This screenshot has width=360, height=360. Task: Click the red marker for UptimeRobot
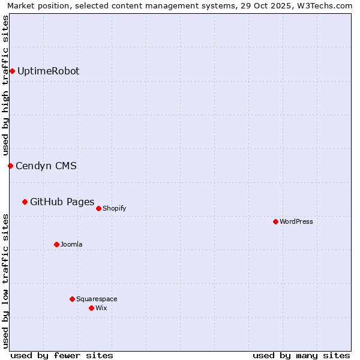point(12,71)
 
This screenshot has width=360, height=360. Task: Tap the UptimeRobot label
point(48,71)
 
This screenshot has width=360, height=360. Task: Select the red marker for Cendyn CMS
point(10,166)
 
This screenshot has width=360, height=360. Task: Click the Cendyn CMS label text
point(46,166)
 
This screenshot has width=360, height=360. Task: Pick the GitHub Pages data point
point(25,202)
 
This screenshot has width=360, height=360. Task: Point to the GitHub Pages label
point(62,202)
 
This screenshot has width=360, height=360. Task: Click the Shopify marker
point(98,208)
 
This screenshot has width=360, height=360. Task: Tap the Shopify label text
point(114,209)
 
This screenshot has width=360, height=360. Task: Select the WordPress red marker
point(275,221)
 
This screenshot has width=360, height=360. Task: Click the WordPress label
point(296,222)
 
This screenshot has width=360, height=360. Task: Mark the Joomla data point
point(56,244)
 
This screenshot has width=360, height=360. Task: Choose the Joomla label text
point(71,245)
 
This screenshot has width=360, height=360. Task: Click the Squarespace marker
point(72,299)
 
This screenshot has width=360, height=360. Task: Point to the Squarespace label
point(97,299)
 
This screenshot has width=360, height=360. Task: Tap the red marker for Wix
point(91,308)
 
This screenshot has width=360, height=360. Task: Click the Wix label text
point(101,308)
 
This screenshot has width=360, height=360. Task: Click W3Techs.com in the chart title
point(327,5)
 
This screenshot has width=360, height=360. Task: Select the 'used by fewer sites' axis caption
point(62,355)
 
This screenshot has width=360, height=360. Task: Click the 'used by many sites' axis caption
point(301,355)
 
